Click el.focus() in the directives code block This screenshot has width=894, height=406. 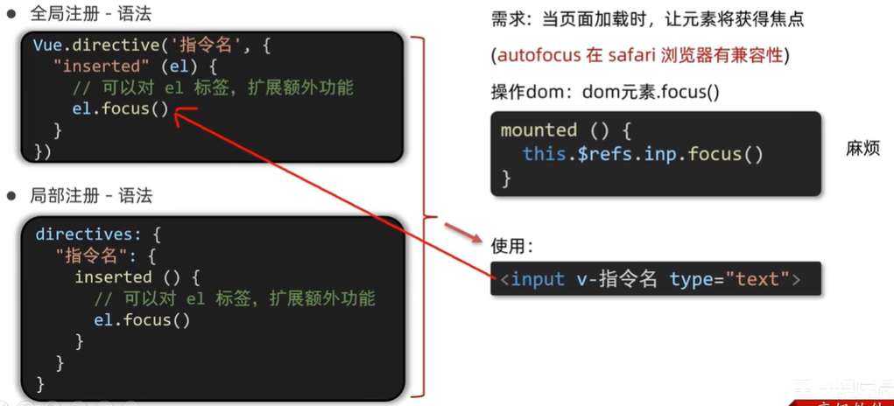142,319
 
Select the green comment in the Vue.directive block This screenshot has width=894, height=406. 213,87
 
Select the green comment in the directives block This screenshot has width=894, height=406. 234,298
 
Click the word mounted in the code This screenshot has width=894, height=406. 539,130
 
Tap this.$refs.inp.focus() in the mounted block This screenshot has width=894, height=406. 643,154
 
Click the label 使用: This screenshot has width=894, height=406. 512,245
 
